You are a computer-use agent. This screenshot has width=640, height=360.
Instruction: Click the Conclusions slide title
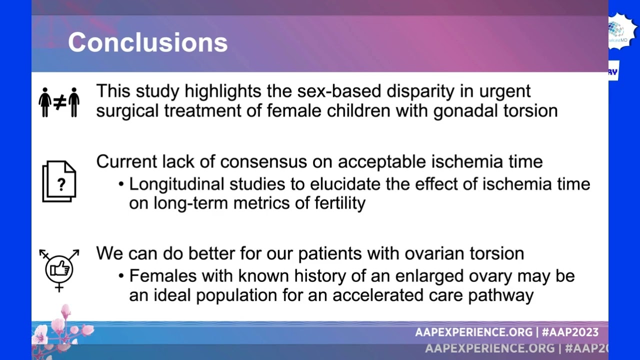147,42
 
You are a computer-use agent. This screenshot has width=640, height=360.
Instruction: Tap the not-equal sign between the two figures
59,102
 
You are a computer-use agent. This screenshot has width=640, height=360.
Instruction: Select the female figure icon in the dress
45,102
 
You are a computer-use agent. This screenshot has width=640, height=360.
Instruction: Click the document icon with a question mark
59,181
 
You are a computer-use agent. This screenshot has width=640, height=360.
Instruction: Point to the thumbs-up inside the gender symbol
59,268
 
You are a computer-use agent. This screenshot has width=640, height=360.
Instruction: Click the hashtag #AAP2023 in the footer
570,332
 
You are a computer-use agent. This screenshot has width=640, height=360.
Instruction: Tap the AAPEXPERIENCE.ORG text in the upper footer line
473,332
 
